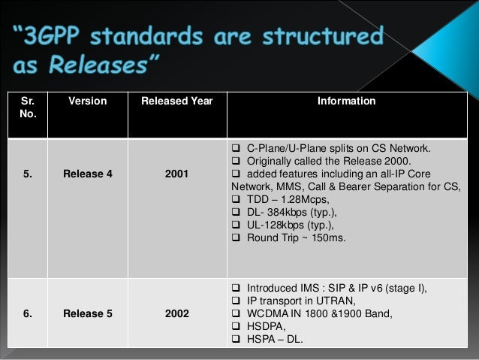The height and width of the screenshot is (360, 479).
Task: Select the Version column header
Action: [x=87, y=101]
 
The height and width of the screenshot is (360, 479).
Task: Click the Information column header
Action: [x=346, y=101]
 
